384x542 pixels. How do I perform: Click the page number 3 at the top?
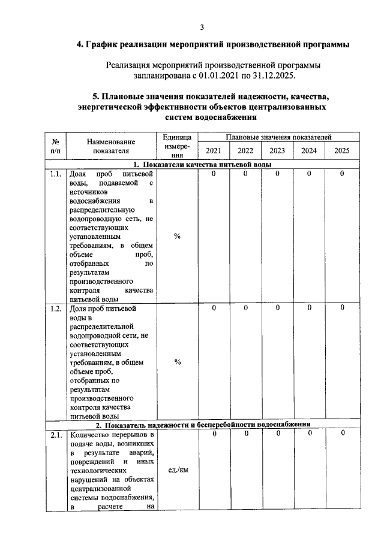click(202, 27)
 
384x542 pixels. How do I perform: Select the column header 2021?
click(214, 151)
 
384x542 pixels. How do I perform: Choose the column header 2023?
click(277, 151)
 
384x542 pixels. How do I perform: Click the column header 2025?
click(341, 151)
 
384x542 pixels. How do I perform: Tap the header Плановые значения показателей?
click(277, 138)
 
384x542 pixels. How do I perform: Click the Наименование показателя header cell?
click(111, 147)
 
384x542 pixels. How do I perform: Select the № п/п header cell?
click(55, 147)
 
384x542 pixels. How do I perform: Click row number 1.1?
click(56, 174)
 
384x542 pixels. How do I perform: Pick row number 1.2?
click(56, 309)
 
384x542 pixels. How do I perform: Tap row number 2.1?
click(56, 435)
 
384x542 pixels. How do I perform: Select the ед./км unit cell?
click(178, 470)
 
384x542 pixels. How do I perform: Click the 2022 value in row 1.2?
click(245, 308)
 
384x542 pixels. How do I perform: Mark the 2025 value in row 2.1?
click(341, 433)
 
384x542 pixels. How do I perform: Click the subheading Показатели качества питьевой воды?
click(202, 165)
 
